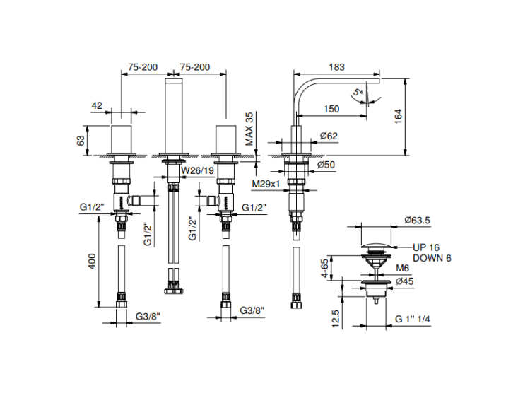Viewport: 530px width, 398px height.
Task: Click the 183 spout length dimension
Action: point(336,67)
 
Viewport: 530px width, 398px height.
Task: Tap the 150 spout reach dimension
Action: point(331,108)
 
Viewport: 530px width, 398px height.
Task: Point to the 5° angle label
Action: point(358,92)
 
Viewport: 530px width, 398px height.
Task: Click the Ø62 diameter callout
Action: point(328,135)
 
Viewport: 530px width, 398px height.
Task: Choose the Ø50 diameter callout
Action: point(326,165)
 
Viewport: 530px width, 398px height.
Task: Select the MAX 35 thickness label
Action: point(249,129)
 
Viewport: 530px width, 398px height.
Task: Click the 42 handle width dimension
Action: point(97,105)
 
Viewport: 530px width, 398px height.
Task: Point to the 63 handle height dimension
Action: point(81,140)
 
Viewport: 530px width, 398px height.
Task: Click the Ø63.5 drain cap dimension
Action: point(418,221)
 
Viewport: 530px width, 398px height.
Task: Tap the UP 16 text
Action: point(427,247)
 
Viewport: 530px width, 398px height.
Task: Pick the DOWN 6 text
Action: point(432,258)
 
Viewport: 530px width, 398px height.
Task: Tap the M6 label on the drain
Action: point(402,269)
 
